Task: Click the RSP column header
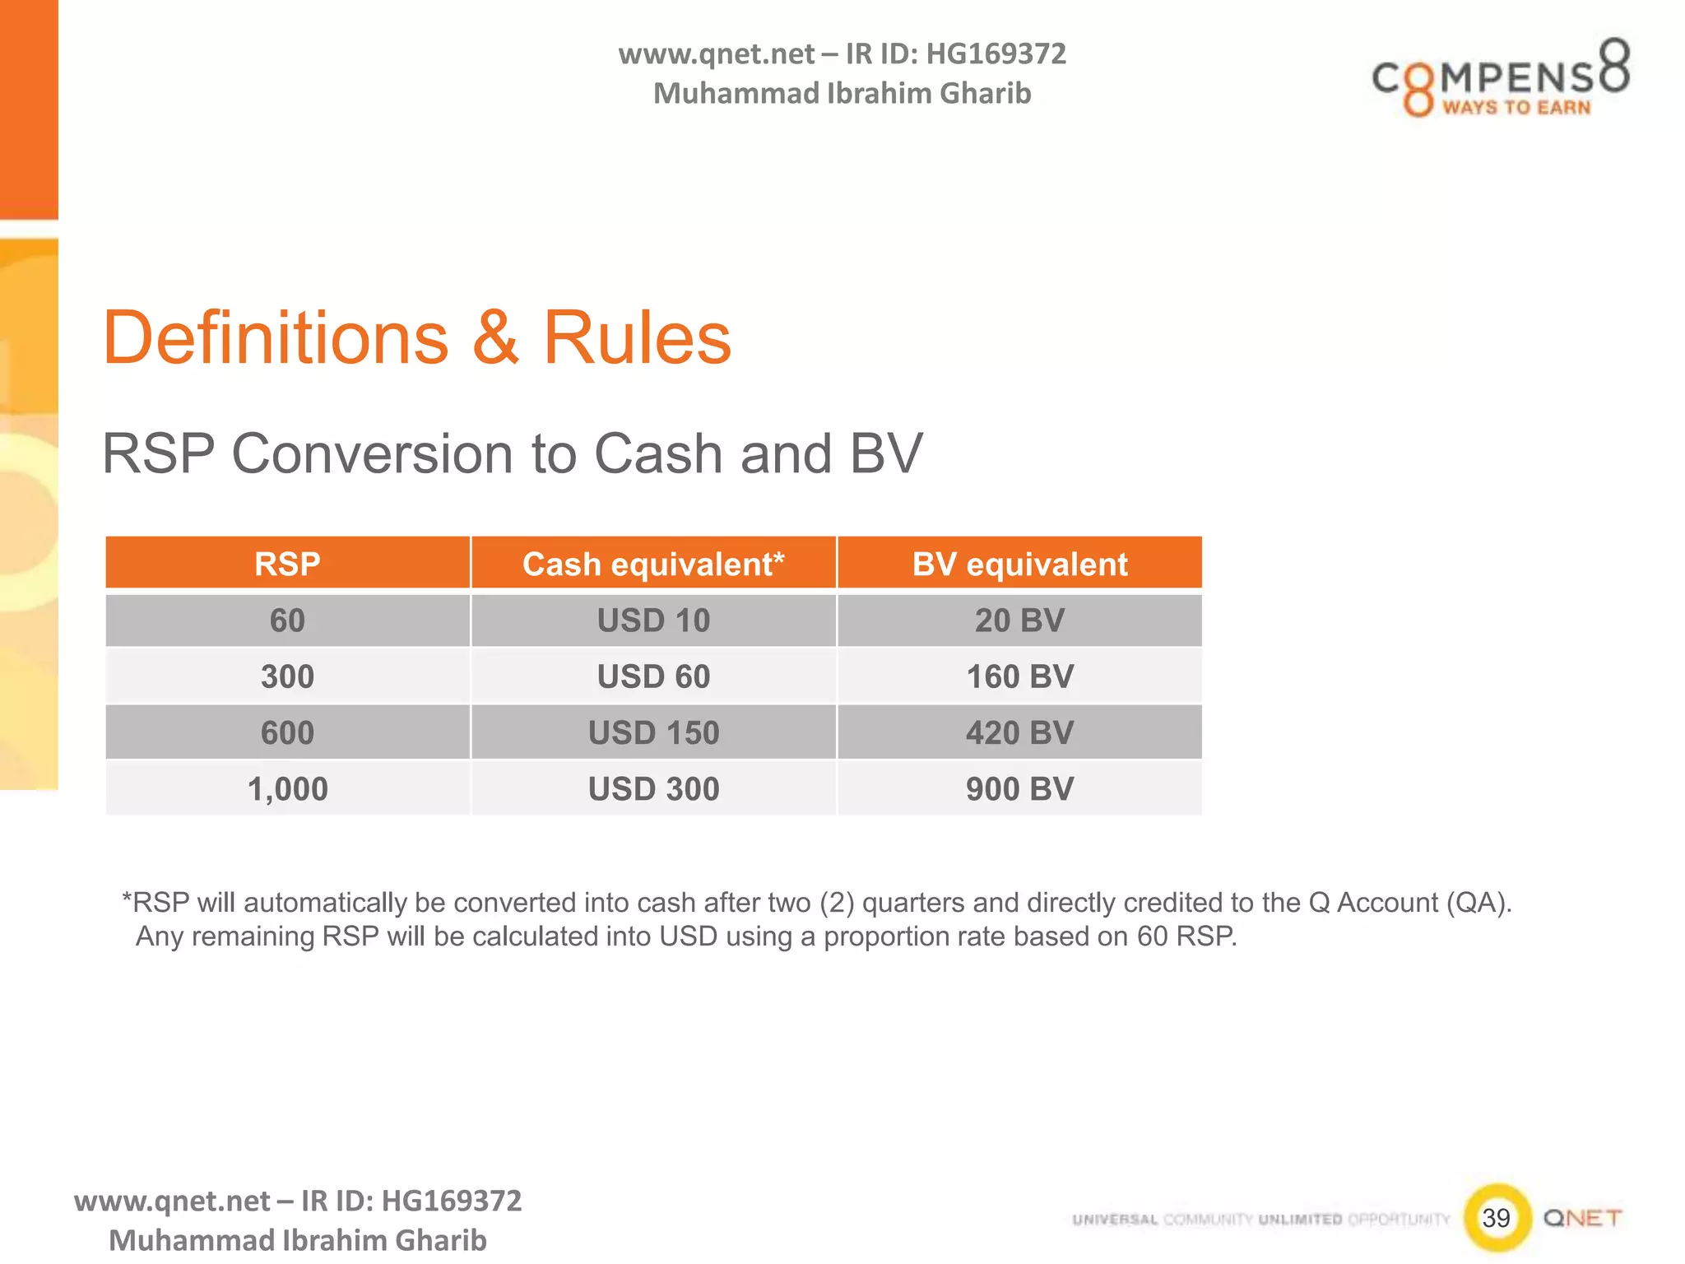coord(287,565)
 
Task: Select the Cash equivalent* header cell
coord(653,565)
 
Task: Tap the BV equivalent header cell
coord(1019,565)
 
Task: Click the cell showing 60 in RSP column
coord(287,620)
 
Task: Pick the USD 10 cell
coord(653,620)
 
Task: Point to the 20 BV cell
coord(1019,620)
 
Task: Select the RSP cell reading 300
coord(287,676)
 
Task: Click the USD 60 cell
coord(653,676)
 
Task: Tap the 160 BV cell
coord(1019,676)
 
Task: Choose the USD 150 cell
coord(653,732)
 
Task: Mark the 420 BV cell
coord(1019,732)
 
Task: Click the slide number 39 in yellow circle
coord(1497,1218)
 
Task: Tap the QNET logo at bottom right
coord(1582,1218)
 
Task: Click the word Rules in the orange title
coord(637,338)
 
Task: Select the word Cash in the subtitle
coord(656,453)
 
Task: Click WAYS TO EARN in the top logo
coord(1516,108)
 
